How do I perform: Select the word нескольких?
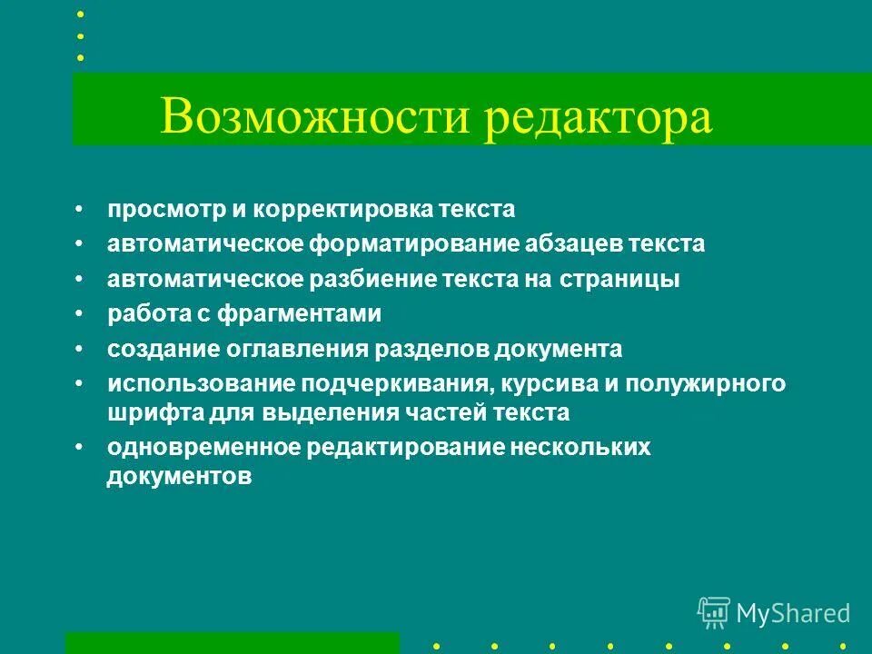580,447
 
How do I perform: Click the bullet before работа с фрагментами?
80,314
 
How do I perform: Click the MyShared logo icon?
713,612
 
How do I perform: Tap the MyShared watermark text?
793,613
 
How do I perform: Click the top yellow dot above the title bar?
80,15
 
